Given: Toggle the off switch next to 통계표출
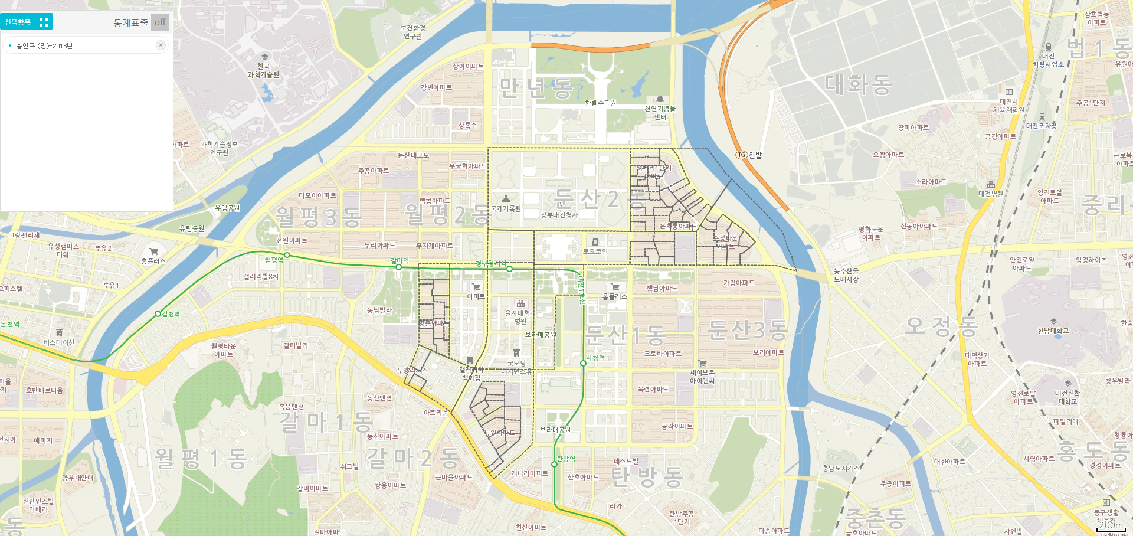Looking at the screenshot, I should tap(159, 22).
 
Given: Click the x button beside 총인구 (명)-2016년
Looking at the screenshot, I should tap(160, 45).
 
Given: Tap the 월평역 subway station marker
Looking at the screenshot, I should tap(287, 255).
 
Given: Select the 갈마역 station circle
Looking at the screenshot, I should tap(399, 267).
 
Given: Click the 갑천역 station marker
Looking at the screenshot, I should tap(158, 314).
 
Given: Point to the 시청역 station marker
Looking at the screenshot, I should tap(583, 364).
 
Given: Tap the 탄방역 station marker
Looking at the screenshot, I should tap(554, 464).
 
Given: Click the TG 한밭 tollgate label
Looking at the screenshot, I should tap(749, 155).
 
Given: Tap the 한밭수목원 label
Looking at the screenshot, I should tap(600, 103).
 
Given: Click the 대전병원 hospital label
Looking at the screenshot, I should tap(990, 193).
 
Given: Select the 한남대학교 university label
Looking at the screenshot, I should tap(1053, 331).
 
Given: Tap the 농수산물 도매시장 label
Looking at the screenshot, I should tap(846, 275).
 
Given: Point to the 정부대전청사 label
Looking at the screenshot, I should tap(559, 215).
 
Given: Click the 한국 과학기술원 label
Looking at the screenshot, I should tap(263, 70).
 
